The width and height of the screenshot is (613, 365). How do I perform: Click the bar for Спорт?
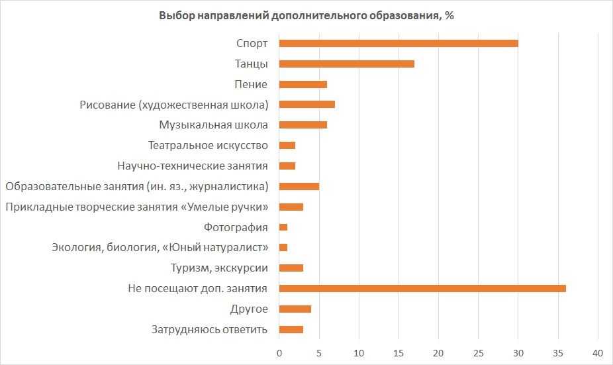click(399, 44)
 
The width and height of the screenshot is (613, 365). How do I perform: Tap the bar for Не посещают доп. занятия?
click(422, 288)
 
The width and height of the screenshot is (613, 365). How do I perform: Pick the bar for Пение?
click(303, 84)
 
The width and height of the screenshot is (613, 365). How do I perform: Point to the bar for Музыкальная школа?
click(303, 125)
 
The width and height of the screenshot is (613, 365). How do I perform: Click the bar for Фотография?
click(283, 227)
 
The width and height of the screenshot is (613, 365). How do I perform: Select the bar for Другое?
click(295, 309)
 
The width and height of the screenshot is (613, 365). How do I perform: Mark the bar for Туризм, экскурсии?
click(291, 268)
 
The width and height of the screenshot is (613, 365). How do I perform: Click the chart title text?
click(306, 16)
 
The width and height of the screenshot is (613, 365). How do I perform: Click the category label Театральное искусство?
click(208, 145)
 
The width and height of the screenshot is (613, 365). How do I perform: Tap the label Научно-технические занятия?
click(193, 166)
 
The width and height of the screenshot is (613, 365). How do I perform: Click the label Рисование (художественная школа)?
click(174, 105)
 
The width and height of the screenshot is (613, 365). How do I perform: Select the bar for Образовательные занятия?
click(299, 186)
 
